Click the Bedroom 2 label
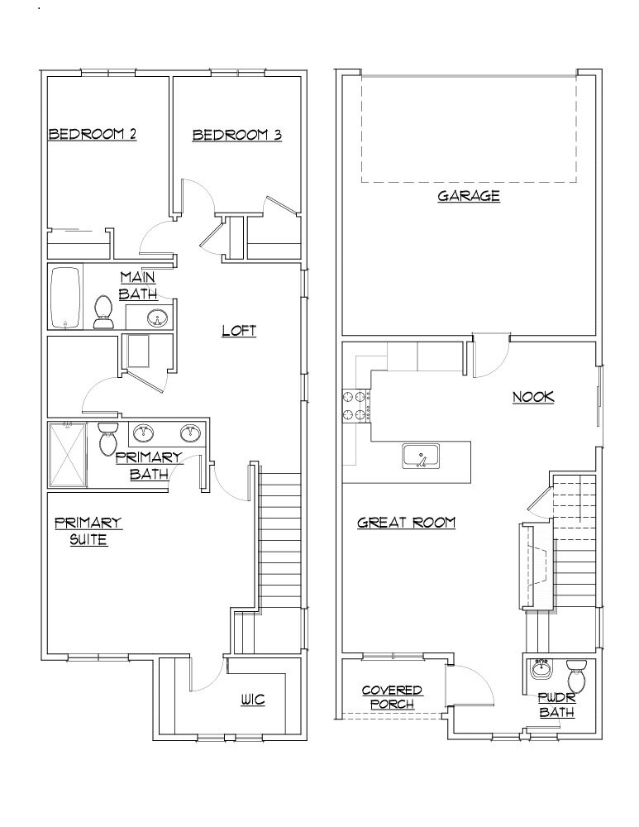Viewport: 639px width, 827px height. point(92,134)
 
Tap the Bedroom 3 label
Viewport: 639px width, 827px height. point(236,134)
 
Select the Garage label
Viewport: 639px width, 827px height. point(469,196)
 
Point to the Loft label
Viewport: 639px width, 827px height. point(239,331)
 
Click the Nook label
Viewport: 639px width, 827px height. point(533,397)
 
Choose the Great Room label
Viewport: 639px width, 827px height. point(407,523)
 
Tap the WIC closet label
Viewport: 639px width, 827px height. point(252,700)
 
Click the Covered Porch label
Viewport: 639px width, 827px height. point(393,697)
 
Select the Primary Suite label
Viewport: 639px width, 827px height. point(88,531)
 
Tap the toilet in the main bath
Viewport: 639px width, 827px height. point(104,312)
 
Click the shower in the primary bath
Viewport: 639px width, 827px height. point(68,456)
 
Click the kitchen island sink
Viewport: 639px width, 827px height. point(422,456)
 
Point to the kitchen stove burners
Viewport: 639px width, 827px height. point(355,405)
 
